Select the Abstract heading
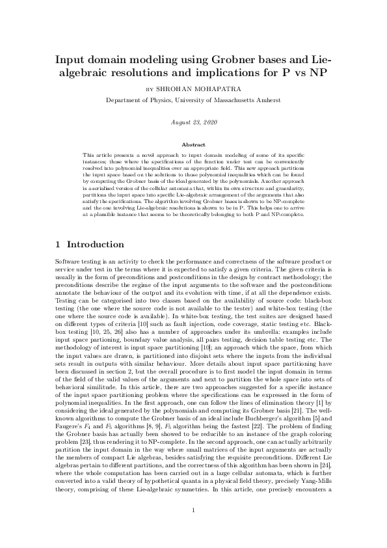pos(193,144)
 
